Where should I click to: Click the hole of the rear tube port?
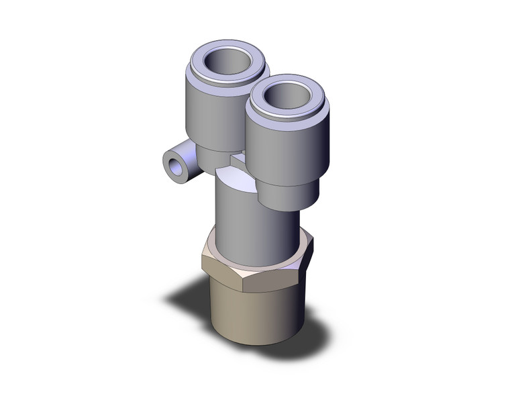[228, 62]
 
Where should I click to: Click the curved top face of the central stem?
[235, 180]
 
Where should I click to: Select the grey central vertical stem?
[256, 228]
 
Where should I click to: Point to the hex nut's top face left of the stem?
[210, 245]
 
